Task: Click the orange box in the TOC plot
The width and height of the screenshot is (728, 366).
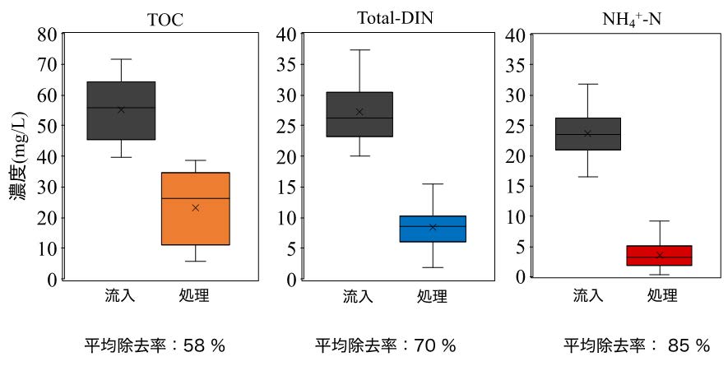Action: pos(195,209)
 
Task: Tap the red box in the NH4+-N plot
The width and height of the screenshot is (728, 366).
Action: pos(659,255)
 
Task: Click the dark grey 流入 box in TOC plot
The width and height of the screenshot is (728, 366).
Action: pos(121,110)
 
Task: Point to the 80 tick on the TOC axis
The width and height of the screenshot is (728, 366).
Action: pos(48,35)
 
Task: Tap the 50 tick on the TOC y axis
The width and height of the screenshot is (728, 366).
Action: pos(48,126)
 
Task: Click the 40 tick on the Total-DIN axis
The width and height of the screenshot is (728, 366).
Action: pos(286,35)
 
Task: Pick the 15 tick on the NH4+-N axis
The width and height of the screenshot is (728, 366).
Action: pos(516,186)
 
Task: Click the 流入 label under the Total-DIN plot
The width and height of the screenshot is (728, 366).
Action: pos(358,296)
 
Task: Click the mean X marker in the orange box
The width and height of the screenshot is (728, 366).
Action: pos(195,208)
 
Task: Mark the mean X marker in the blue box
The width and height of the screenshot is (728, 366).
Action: pos(433,227)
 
